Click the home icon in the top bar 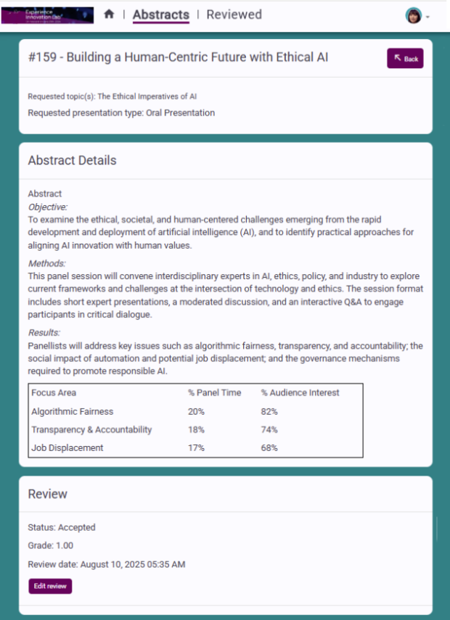(x=109, y=15)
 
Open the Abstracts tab (x=160, y=15)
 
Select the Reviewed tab (x=234, y=15)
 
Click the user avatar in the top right (x=414, y=16)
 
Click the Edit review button (x=50, y=586)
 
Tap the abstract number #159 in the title (x=43, y=57)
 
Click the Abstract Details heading (x=72, y=160)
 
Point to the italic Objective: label (x=47, y=207)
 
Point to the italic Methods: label (x=46, y=263)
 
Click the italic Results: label (x=44, y=332)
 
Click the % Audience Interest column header (x=300, y=392)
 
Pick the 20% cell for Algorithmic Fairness (x=196, y=411)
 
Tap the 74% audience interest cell (x=269, y=429)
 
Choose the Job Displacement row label (x=67, y=447)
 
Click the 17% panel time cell (x=196, y=447)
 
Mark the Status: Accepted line (x=62, y=527)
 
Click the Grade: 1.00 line (x=51, y=545)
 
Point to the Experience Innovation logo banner (x=47, y=15)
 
